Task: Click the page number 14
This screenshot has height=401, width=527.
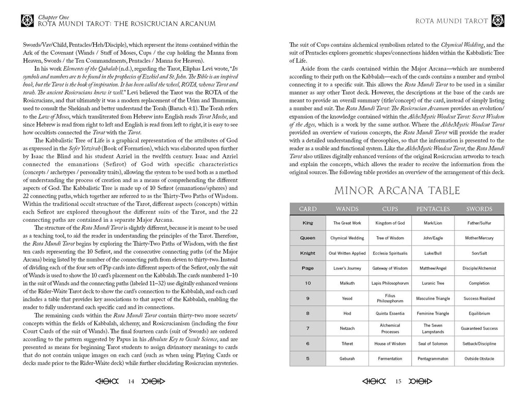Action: tap(131, 381)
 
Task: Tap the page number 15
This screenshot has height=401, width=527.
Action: tap(398, 381)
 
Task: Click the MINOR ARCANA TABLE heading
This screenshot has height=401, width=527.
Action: tap(397, 191)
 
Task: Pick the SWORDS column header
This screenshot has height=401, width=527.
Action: tap(479, 209)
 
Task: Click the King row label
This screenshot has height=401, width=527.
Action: tap(308, 223)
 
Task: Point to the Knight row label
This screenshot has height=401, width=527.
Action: tap(308, 253)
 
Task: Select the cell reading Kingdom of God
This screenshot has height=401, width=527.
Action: tap(390, 223)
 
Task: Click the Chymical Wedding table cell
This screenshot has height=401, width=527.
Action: tap(347, 238)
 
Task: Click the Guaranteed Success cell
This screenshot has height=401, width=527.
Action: tap(479, 328)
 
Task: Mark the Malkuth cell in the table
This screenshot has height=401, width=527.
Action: tap(347, 283)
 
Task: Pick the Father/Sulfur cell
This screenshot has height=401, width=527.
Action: tap(479, 223)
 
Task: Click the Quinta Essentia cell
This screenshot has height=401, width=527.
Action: tap(390, 313)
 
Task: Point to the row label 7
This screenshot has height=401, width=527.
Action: tap(308, 328)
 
